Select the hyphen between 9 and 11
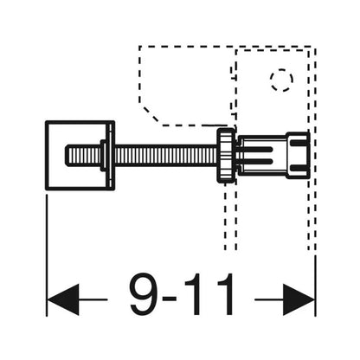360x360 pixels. point(173,299)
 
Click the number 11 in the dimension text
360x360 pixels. point(209,294)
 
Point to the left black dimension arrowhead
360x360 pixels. point(62,299)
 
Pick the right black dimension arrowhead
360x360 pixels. point(299,299)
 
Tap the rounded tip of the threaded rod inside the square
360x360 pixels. point(67,156)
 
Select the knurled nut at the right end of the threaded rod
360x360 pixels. point(226,156)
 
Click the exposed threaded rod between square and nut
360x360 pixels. point(166,156)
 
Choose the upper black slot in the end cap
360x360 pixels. point(299,143)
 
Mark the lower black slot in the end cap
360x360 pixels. point(299,168)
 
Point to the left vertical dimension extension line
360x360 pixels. point(47,255)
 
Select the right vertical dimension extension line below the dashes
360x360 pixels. point(315,286)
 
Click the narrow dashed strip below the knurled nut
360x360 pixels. point(231,216)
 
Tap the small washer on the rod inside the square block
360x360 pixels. point(103,156)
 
